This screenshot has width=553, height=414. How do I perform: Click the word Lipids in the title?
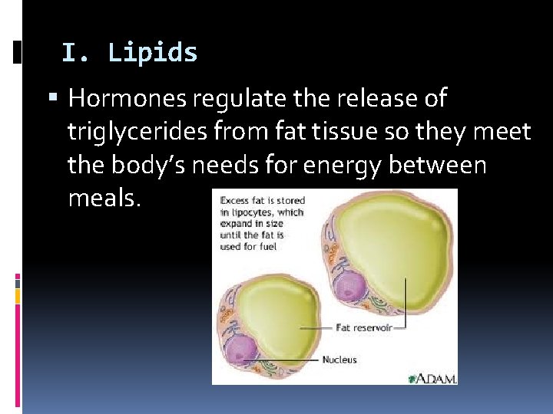click(153, 53)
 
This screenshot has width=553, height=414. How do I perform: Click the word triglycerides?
click(124, 132)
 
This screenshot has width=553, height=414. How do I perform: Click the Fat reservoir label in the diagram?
click(364, 327)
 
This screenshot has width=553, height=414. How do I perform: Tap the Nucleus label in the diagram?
click(339, 359)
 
